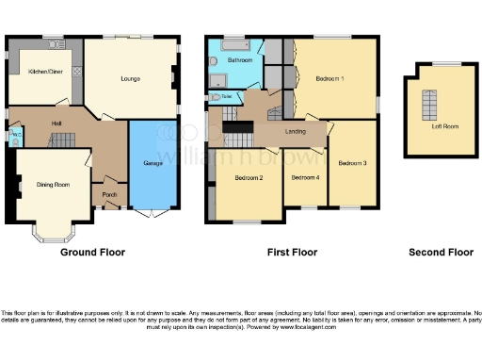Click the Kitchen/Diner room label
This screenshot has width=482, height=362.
click(44, 72)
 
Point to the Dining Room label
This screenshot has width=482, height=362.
click(54, 185)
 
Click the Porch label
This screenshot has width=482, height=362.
click(108, 196)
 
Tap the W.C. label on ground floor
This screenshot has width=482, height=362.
click(14, 136)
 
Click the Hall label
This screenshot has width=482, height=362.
click(56, 123)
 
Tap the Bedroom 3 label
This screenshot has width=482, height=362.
click(352, 162)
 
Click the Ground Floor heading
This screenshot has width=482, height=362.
click(92, 253)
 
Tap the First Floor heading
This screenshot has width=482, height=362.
click(293, 253)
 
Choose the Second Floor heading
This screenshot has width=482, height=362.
click(441, 253)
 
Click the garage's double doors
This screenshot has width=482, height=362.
click(150, 215)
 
